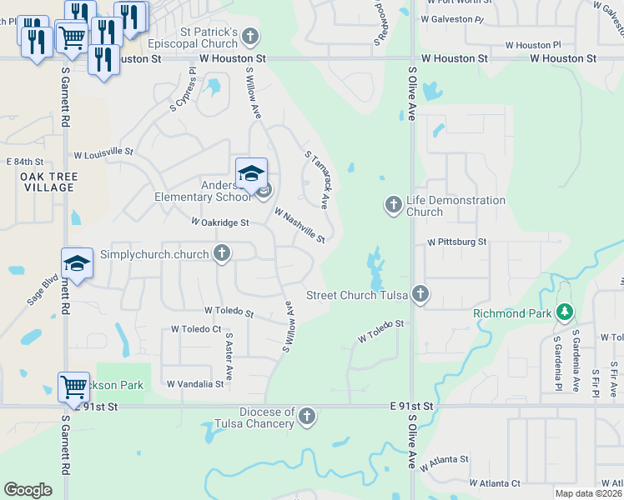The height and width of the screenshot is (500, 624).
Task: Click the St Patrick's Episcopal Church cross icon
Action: [249, 37]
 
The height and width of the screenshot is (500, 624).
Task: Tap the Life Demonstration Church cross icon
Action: [393, 204]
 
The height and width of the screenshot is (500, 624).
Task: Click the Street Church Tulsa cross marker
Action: [421, 294]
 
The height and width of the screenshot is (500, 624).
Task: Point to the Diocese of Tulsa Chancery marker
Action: [307, 416]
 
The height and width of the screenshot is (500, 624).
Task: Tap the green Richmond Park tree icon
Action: [566, 312]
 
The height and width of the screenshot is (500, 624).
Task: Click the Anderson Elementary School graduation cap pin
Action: [251, 173]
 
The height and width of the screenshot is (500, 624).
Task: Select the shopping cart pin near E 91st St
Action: [73, 387]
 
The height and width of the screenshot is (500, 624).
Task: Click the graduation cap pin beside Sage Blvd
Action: [76, 263]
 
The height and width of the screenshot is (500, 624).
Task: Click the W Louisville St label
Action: [103, 153]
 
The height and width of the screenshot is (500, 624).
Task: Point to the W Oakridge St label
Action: [220, 222]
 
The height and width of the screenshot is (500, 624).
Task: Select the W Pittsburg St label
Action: [456, 242]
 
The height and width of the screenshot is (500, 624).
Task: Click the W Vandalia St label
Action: [195, 384]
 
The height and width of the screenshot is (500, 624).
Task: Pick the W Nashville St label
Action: [299, 226]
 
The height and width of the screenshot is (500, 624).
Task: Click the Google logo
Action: [28, 490]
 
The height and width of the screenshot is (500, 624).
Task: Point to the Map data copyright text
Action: [587, 493]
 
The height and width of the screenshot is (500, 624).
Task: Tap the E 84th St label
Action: [24, 162]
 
